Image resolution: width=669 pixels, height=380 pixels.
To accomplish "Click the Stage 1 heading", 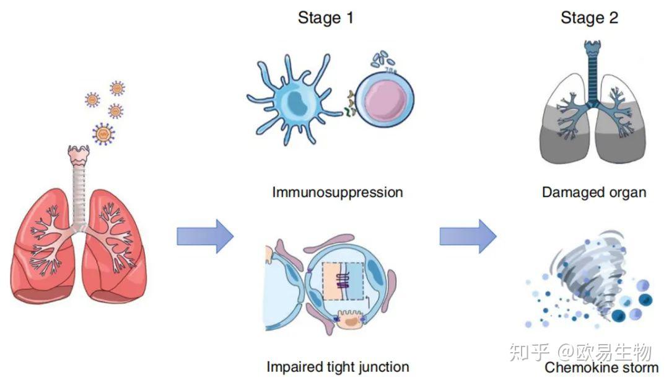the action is (x=326, y=18).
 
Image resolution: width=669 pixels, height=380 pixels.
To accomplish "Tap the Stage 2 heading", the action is (x=589, y=18).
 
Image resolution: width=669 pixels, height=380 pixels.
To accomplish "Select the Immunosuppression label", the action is (x=338, y=193).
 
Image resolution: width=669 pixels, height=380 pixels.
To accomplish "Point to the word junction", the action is (x=383, y=367).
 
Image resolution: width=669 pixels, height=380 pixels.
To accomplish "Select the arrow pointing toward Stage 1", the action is (x=205, y=236).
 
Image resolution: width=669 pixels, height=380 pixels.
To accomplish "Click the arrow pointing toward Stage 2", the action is (x=468, y=236).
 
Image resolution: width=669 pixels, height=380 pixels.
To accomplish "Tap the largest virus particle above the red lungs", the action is (x=103, y=134).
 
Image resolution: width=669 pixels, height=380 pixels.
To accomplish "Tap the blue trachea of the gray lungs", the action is (x=593, y=73).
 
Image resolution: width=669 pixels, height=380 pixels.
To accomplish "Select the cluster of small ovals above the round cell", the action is (x=382, y=59).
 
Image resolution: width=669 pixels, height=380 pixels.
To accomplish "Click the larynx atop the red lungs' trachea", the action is (x=79, y=156).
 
